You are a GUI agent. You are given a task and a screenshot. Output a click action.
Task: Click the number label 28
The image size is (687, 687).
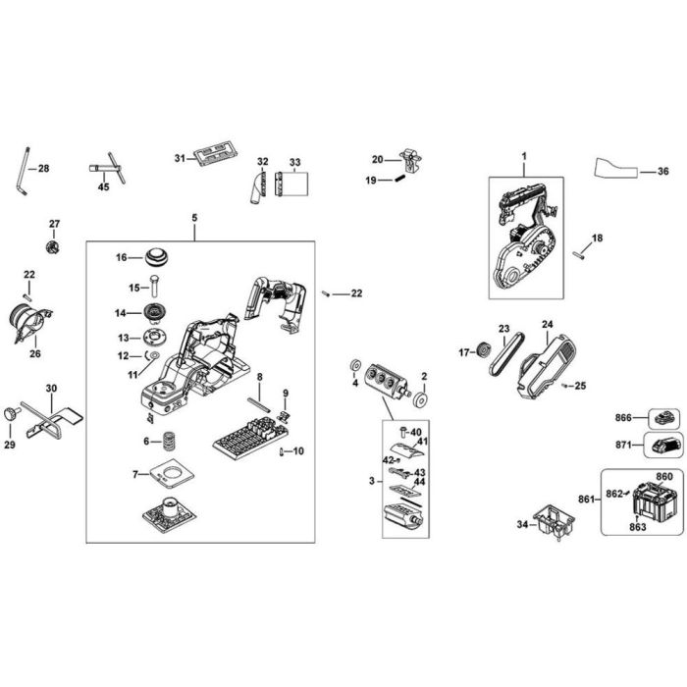(43, 169)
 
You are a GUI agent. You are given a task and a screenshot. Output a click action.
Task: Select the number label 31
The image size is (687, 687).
(180, 158)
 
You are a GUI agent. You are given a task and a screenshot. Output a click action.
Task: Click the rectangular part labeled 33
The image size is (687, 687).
(293, 184)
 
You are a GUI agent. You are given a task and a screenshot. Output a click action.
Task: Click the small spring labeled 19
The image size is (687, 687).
(400, 179)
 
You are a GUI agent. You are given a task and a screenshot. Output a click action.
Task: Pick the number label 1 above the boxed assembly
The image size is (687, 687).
(524, 157)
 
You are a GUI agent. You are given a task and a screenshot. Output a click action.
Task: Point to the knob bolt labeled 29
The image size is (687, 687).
(12, 412)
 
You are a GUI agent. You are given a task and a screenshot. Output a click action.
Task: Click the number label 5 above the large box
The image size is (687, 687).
(194, 217)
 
